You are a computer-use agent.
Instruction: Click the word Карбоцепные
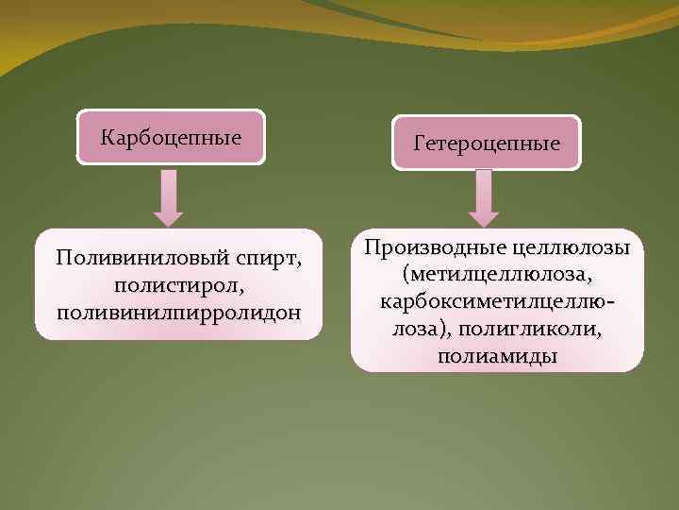pyautogui.click(x=172, y=138)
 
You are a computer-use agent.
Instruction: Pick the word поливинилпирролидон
pyautogui.click(x=179, y=311)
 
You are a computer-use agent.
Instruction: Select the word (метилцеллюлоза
pyautogui.click(x=497, y=275)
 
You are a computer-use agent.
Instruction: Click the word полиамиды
pyautogui.click(x=497, y=357)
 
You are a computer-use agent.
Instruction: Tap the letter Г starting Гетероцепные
pyautogui.click(x=418, y=144)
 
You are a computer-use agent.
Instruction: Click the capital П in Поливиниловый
pyautogui.click(x=62, y=258)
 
